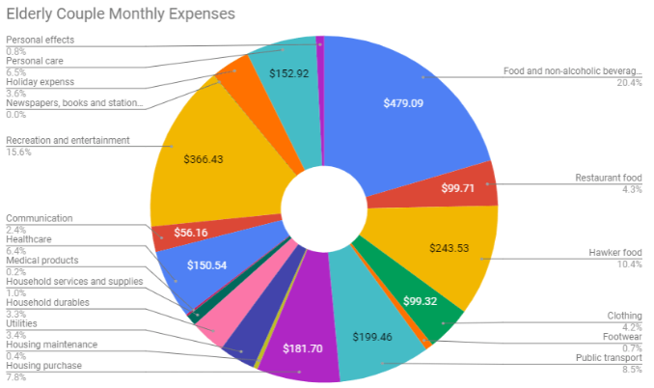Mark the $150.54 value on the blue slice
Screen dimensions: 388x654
pos(191,265)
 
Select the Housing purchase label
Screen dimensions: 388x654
pos(43,365)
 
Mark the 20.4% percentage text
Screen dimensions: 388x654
pos(629,82)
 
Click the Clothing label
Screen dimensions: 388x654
pos(623,315)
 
